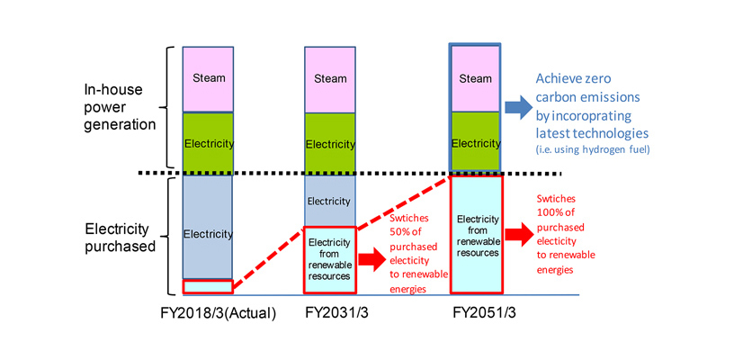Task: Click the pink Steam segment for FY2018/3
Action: [208, 78]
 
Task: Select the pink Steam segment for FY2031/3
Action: [330, 78]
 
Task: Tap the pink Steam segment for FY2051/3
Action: [475, 78]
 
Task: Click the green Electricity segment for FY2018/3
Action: [208, 142]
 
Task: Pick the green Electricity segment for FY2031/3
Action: [330, 143]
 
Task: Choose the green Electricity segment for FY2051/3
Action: [475, 142]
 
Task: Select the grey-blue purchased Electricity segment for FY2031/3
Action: [330, 201]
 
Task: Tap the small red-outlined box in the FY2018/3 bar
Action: [208, 287]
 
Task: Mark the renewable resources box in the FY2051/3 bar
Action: [475, 235]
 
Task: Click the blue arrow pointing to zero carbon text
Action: [517, 108]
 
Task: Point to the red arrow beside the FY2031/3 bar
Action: [371, 261]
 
